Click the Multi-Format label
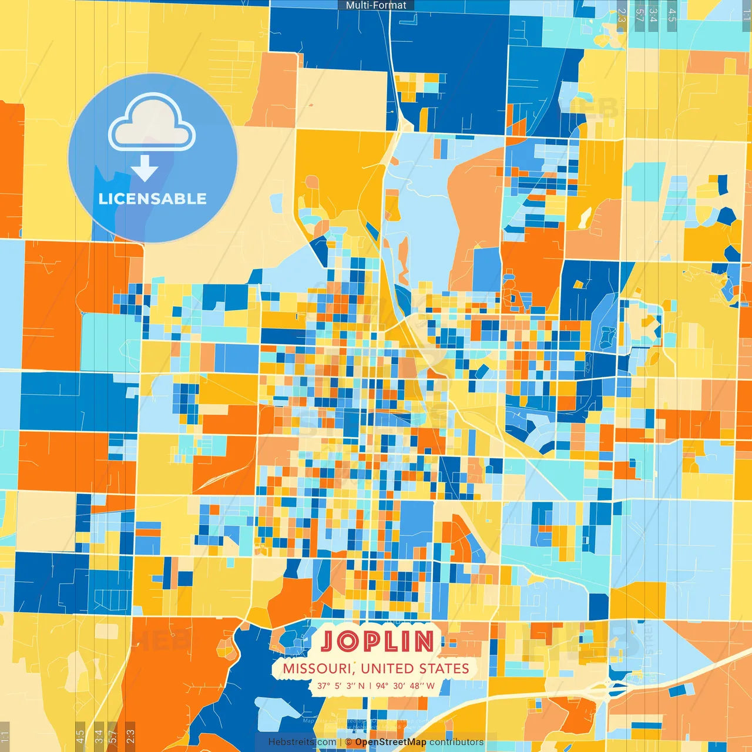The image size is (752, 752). (x=376, y=5)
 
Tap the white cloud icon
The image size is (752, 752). (x=152, y=123)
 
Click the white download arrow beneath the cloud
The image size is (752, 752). (x=145, y=168)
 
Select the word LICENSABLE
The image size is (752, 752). (x=152, y=199)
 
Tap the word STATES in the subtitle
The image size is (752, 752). (x=444, y=669)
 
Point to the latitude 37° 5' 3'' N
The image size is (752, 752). (x=341, y=686)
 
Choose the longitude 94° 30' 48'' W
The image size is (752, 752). (x=405, y=686)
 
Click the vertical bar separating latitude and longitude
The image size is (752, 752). (x=370, y=686)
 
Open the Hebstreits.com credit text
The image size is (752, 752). (x=302, y=742)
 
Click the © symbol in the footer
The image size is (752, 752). (x=348, y=742)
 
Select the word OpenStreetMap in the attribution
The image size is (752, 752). (x=391, y=742)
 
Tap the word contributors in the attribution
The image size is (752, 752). (x=456, y=742)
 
